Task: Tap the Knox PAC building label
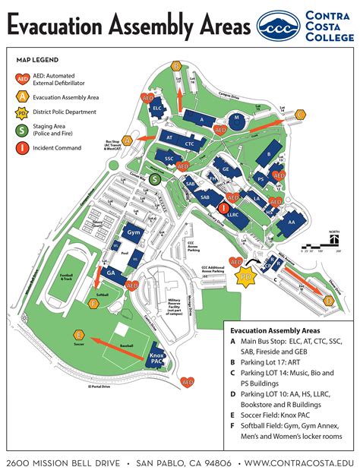(x=157, y=360)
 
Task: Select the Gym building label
(x=134, y=232)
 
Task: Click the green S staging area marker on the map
(x=155, y=179)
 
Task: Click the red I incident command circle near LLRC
(x=224, y=207)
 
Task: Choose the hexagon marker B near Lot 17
(x=176, y=65)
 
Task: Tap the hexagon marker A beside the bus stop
(x=128, y=140)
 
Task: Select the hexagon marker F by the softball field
(x=94, y=303)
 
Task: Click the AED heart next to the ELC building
(x=149, y=98)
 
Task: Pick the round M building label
(x=236, y=118)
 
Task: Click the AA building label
(x=290, y=222)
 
